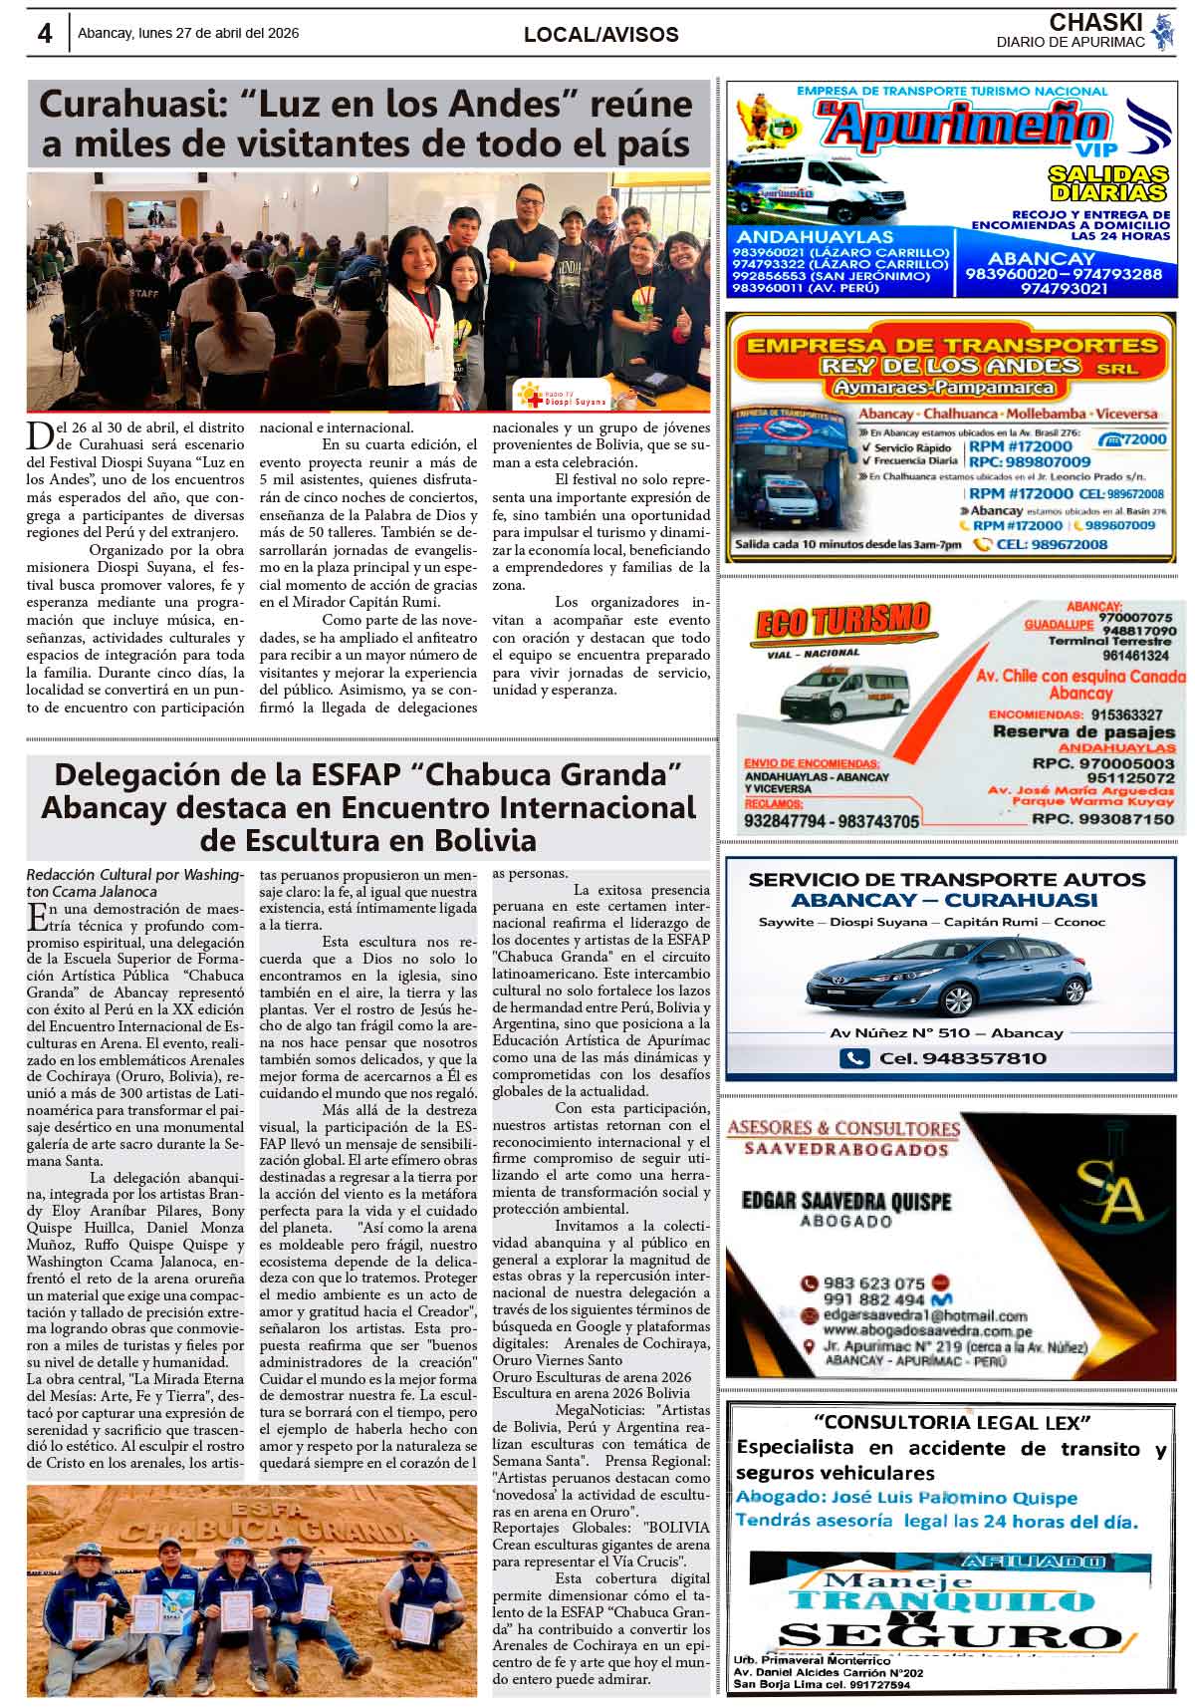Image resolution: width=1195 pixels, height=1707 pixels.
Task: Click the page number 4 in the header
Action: point(45,34)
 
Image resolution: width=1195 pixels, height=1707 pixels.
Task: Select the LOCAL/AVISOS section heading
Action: point(600,35)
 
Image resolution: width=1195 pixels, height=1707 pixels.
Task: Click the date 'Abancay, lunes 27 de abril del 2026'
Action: point(188,33)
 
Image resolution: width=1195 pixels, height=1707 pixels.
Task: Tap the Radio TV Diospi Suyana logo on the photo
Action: point(562,395)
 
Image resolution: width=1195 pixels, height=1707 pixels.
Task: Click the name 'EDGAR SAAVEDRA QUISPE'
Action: point(845,1201)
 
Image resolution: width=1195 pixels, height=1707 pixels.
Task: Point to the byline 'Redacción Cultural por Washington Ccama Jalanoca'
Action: point(133,883)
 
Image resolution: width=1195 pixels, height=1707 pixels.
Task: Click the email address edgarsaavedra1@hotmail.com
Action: point(925,1315)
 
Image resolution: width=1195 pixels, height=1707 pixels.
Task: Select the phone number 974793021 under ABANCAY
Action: point(1064,289)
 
